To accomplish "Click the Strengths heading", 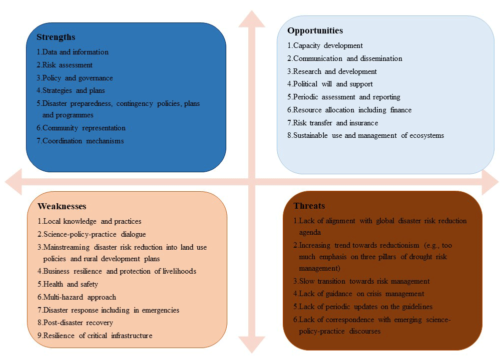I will pyautogui.click(x=56, y=37).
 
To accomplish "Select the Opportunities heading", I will pyautogui.click(x=315, y=31).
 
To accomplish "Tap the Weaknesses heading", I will pyautogui.click(x=62, y=206).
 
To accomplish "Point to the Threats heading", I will pyautogui.click(x=309, y=206).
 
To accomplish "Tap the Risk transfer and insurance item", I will pyautogui.click(x=333, y=123).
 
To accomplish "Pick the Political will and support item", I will pyautogui.click(x=330, y=84).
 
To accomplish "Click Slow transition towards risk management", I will pyautogui.click(x=361, y=281).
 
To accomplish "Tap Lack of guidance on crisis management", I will pyautogui.click(x=359, y=294).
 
